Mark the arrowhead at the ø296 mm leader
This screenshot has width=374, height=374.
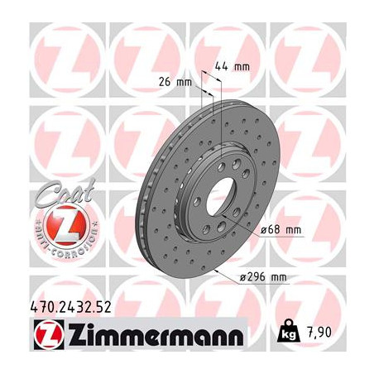[216, 269]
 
